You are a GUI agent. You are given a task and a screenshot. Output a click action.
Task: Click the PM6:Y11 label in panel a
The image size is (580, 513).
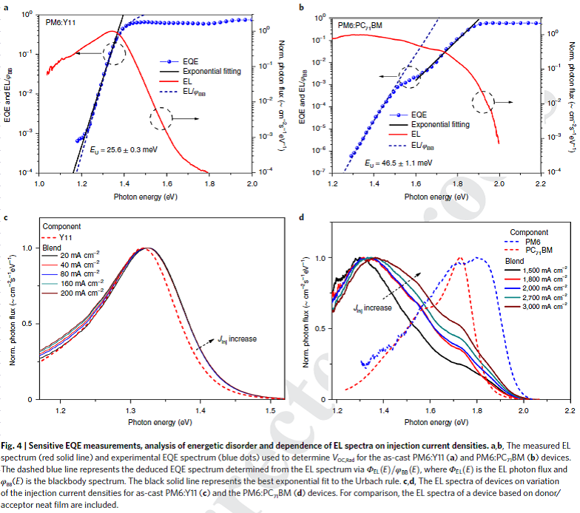pos(62,24)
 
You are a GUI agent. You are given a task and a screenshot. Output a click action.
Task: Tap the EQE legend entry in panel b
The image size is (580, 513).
pos(419,115)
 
